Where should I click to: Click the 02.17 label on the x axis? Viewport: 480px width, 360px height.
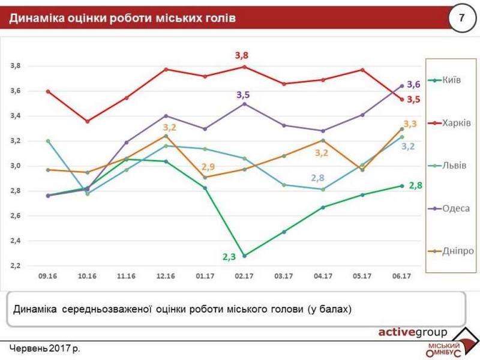coord(244,276)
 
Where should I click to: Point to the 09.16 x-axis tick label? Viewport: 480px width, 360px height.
coord(47,276)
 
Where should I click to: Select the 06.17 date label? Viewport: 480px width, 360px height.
coord(401,276)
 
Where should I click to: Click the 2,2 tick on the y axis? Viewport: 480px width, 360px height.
coord(16,266)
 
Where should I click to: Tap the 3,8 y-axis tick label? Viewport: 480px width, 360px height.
coord(16,66)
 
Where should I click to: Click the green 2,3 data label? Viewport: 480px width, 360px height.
coord(229,257)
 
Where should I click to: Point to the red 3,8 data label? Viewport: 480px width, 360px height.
coord(242,55)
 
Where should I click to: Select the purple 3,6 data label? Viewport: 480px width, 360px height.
coord(413,85)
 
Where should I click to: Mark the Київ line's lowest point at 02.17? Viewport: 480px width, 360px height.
coord(244,256)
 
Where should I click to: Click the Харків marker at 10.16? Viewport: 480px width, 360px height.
coord(87,122)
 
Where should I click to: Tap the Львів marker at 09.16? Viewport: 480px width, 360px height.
coord(48,141)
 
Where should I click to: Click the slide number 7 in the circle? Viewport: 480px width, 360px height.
coord(461,17)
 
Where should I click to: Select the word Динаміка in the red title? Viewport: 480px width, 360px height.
coord(37,18)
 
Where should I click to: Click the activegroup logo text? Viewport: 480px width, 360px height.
coord(413,332)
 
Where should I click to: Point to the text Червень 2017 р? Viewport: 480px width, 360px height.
coord(44,349)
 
